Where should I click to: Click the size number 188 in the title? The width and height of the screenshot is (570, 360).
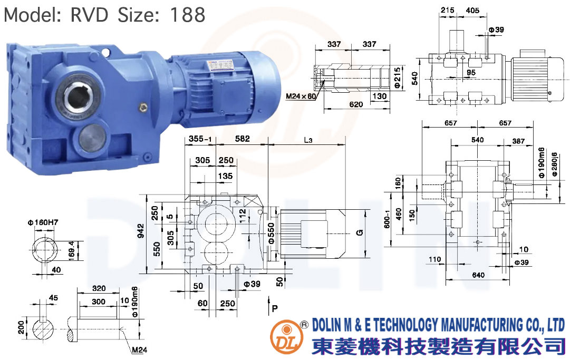pos(188,15)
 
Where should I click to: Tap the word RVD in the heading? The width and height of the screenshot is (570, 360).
pos(90,15)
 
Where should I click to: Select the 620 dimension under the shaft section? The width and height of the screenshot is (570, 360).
pos(356,104)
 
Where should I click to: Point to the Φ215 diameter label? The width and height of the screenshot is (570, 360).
pos(398,77)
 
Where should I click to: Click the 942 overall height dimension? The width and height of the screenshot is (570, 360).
pos(141,231)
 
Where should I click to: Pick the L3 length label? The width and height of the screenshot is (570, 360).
pos(308,140)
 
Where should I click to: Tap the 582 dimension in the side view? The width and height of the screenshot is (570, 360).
pos(243,139)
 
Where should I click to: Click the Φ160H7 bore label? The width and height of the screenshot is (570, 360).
pos(43,222)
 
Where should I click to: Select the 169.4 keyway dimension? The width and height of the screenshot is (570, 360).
pos(71,249)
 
